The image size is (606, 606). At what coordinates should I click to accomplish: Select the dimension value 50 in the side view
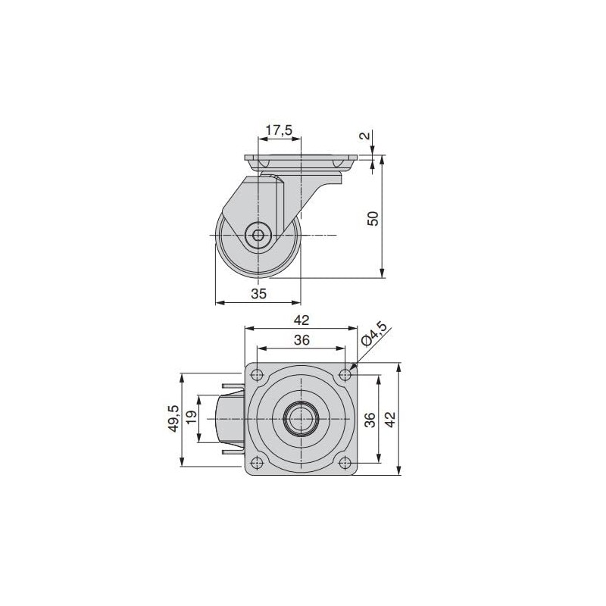click(372, 218)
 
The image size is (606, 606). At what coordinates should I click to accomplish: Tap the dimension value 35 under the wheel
click(258, 295)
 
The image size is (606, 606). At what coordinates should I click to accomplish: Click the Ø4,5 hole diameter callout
click(374, 334)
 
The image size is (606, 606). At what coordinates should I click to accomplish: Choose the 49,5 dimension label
click(173, 418)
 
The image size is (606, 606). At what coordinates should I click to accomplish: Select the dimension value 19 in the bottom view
click(192, 418)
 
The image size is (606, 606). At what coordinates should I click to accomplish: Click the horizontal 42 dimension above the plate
click(301, 320)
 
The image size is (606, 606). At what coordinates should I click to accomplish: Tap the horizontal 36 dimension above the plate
click(301, 341)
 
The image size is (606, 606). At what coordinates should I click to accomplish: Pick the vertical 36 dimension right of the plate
click(370, 420)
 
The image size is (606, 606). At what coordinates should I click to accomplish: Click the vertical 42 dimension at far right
click(390, 420)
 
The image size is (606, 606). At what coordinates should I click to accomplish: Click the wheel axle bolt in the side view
click(259, 236)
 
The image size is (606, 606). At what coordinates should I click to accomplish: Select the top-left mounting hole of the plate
click(258, 374)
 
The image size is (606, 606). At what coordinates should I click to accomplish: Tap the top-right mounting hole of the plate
click(345, 374)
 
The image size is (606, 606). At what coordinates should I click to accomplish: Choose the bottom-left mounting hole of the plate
click(258, 464)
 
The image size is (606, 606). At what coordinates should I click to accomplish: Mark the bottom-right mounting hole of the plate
click(345, 464)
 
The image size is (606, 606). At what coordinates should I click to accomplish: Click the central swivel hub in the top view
click(301, 419)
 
